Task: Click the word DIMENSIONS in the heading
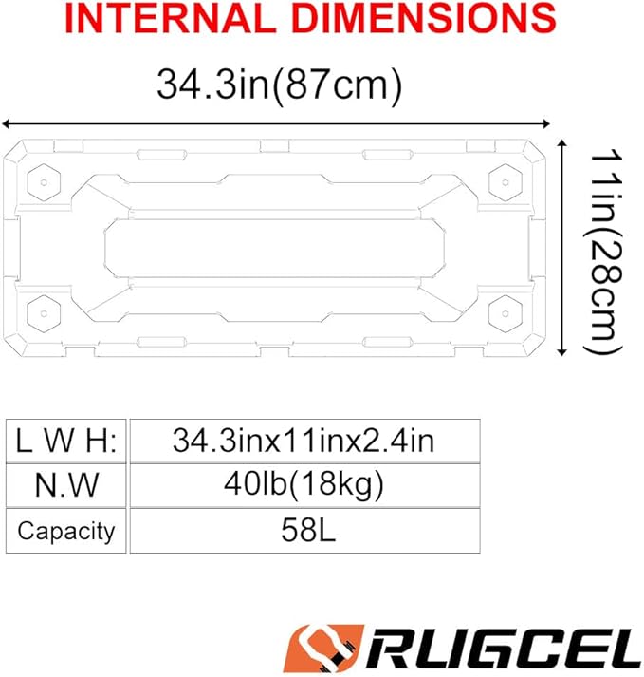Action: pos(425,18)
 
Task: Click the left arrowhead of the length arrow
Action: pos(5,124)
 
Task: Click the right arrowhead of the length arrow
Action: pos(546,124)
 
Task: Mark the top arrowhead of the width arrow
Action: pos(561,143)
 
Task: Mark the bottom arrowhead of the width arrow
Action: pos(561,352)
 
